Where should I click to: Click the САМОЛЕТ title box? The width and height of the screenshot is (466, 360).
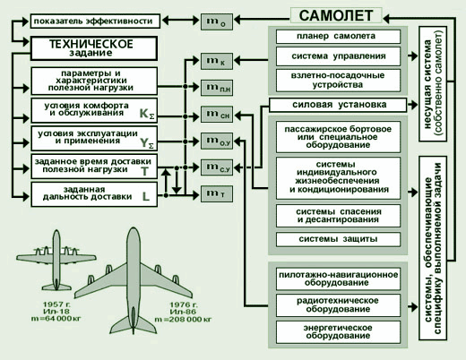click(336, 15)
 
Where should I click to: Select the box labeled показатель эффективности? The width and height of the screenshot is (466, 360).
click(95, 21)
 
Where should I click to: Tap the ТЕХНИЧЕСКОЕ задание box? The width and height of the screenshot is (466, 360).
click(94, 48)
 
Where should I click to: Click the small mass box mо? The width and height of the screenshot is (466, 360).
click(217, 21)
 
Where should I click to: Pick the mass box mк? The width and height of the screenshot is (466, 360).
click(217, 61)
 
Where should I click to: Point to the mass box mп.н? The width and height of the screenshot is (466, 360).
click(217, 88)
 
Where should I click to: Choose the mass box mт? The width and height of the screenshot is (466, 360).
click(217, 193)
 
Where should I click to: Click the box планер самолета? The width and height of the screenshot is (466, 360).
click(338, 37)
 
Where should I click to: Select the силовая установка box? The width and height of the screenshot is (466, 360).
click(338, 105)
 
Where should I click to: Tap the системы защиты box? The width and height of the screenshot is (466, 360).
click(338, 239)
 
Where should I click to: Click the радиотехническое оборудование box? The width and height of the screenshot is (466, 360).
click(338, 305)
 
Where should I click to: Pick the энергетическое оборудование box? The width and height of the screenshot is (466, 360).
click(338, 332)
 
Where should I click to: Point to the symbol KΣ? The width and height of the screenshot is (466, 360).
click(147, 114)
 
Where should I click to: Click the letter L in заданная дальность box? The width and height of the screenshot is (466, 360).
click(146, 196)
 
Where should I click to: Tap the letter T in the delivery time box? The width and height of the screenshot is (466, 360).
click(145, 171)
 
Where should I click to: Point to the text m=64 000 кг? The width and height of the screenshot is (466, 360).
click(56, 319)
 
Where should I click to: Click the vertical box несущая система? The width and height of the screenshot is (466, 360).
click(433, 84)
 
